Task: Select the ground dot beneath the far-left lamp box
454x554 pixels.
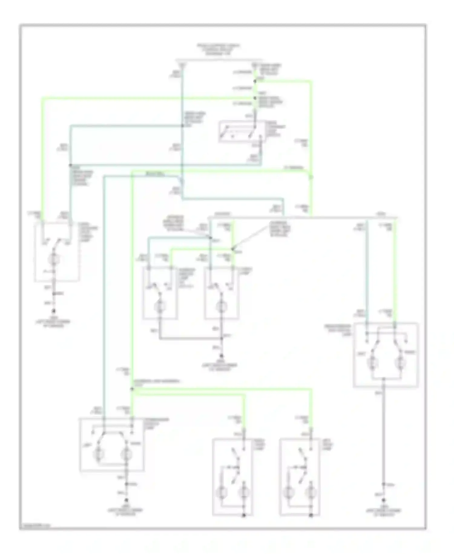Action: [x=54, y=311]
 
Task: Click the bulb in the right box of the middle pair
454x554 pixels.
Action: [x=222, y=307]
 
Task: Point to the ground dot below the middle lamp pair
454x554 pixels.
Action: [x=222, y=357]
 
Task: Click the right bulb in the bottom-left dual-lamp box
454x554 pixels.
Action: [x=127, y=454]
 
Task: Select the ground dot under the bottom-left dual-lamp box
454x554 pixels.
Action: [x=127, y=501]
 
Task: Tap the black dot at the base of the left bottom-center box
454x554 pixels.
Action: [x=244, y=515]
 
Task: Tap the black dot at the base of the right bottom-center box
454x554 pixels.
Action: [x=311, y=515]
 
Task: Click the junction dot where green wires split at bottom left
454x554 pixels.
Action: [x=132, y=389]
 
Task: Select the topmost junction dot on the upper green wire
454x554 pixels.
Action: [x=255, y=81]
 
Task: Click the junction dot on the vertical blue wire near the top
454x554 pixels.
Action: [x=183, y=126]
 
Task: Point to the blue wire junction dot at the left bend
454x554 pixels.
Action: [x=70, y=165]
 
